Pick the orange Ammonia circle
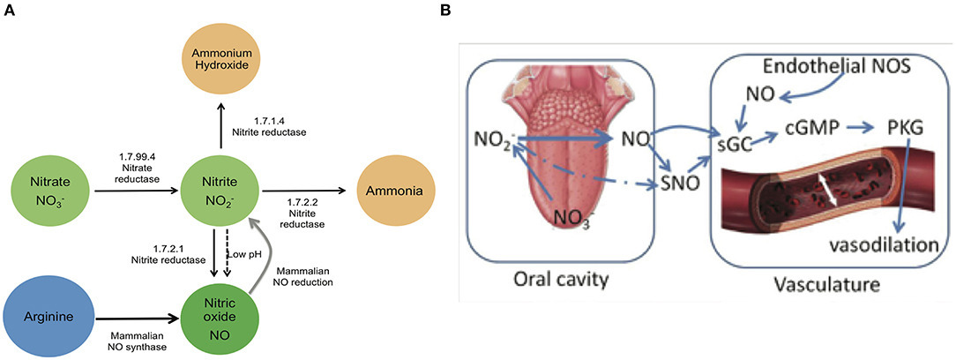coord(392,190)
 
